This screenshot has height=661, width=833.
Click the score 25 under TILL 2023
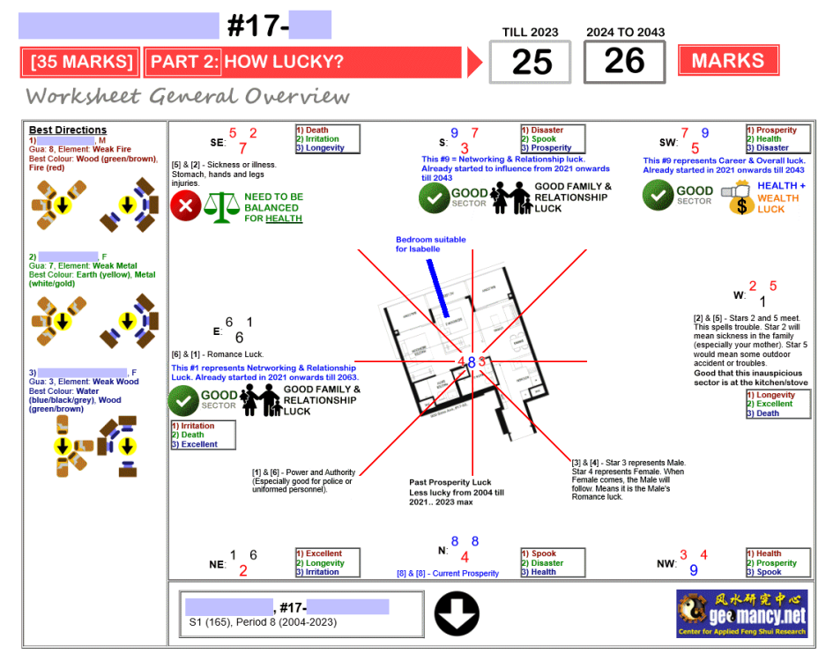[532, 62]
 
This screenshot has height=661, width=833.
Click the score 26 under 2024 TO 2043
[624, 62]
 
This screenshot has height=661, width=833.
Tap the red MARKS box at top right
[728, 61]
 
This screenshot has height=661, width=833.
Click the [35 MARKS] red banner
[82, 63]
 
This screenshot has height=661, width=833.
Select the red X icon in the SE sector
[185, 207]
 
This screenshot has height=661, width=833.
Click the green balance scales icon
[221, 207]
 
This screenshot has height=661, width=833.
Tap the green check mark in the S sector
[434, 197]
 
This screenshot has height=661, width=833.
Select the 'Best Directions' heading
[68, 130]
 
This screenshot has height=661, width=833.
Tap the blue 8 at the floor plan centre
[472, 361]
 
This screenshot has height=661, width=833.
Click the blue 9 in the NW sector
[694, 570]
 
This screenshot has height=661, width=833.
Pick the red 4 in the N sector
[465, 557]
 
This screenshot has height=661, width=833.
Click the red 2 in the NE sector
[243, 570]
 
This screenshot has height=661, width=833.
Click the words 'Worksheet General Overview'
[188, 96]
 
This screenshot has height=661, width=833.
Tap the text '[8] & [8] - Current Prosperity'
[448, 574]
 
